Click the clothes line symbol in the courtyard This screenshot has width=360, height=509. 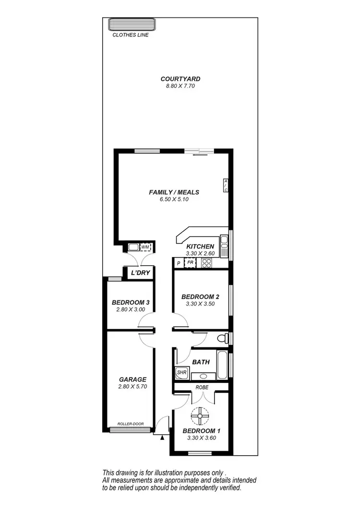(x=131, y=24)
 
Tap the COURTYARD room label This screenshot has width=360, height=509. (x=180, y=79)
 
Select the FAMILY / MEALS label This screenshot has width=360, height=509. (x=174, y=192)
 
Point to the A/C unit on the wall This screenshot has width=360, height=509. (x=226, y=185)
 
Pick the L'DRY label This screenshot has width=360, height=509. (x=141, y=273)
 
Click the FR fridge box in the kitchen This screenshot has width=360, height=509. (x=190, y=263)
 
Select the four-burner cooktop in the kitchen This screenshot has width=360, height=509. (x=207, y=263)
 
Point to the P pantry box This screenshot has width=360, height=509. (x=179, y=263)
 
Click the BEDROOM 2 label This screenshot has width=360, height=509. (x=200, y=297)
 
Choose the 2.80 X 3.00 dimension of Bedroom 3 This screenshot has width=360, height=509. (x=131, y=309)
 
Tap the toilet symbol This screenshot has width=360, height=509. (x=223, y=338)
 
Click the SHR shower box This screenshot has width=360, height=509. (x=181, y=372)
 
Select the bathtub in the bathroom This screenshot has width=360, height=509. (x=222, y=366)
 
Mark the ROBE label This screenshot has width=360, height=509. (x=201, y=386)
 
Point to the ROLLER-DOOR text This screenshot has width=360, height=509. (x=131, y=424)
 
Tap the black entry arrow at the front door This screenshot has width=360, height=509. (x=163, y=437)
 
